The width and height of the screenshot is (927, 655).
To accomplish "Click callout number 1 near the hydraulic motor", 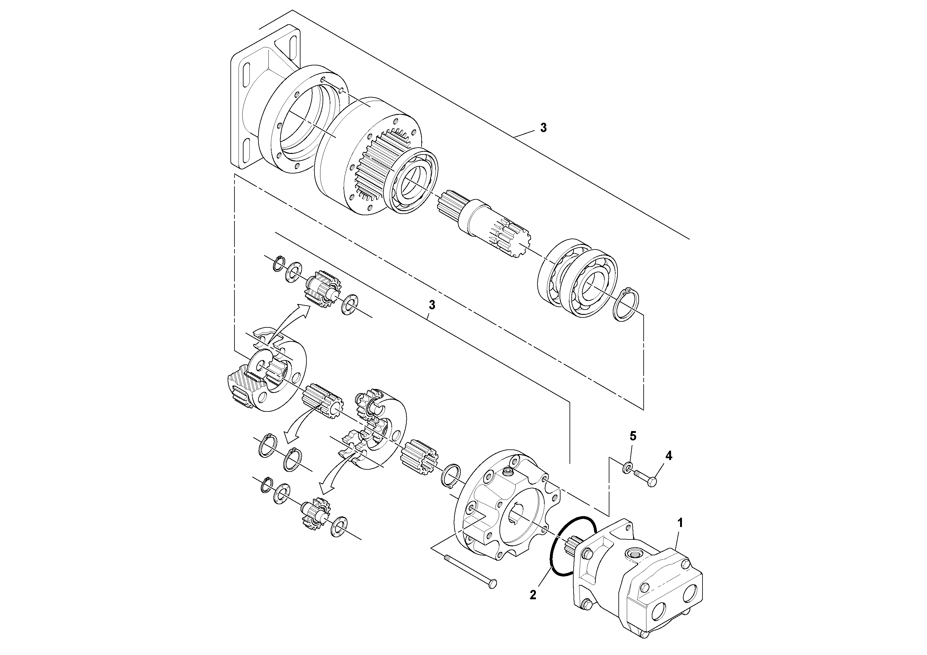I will click(x=680, y=523).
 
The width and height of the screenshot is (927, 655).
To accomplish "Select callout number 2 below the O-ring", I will click(x=533, y=595).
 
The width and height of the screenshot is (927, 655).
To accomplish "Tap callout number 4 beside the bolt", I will click(x=669, y=456).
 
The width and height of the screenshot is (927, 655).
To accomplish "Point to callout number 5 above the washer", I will click(x=633, y=436).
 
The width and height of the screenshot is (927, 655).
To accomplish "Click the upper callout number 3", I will click(x=543, y=128).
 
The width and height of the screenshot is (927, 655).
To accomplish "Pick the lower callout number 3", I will click(x=432, y=305).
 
